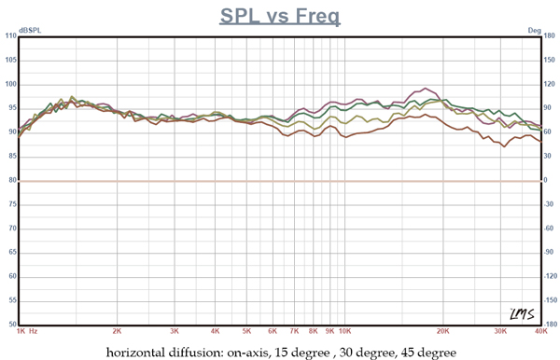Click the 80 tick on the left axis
click(x=10, y=180)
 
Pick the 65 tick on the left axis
click(x=10, y=253)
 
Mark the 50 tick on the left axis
click(x=10, y=325)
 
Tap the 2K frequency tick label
click(x=117, y=331)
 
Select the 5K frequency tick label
click(x=246, y=331)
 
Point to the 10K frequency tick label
click(x=344, y=331)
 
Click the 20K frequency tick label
click(x=443, y=331)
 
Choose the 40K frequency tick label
click(x=539, y=331)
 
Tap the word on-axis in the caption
click(x=260, y=352)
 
